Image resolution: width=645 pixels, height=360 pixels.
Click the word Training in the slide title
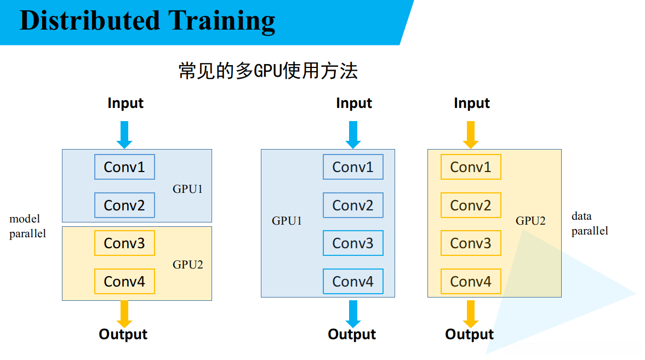point(222,21)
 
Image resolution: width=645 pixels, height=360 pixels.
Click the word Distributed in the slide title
point(89,21)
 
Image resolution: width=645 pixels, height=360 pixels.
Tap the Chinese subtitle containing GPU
point(268,71)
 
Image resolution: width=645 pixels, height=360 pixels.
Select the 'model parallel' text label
point(27,226)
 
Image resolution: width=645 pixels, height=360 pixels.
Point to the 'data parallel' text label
point(590,224)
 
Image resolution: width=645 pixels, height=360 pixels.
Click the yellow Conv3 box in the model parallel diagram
point(124,243)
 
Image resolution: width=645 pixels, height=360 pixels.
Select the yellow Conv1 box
point(471,167)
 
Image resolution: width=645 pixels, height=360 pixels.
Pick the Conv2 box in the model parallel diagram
point(124,205)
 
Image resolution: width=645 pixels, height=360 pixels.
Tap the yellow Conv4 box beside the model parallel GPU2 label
point(124,281)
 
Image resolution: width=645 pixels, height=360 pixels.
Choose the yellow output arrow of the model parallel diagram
point(124,313)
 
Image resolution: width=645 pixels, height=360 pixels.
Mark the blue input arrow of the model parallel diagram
point(124,134)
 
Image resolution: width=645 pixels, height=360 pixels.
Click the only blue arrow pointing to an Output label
point(353,313)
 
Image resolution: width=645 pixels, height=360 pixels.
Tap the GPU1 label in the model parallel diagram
point(188,190)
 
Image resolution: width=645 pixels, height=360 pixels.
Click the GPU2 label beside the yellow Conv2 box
point(530,221)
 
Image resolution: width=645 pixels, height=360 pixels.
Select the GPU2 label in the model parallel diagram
point(188,265)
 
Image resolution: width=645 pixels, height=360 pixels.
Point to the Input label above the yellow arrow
point(472,103)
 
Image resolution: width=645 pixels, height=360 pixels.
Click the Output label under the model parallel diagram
point(123,334)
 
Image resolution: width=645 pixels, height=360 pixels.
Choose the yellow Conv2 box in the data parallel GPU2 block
point(471,205)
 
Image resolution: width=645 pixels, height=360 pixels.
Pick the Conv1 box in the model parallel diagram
point(124,167)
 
